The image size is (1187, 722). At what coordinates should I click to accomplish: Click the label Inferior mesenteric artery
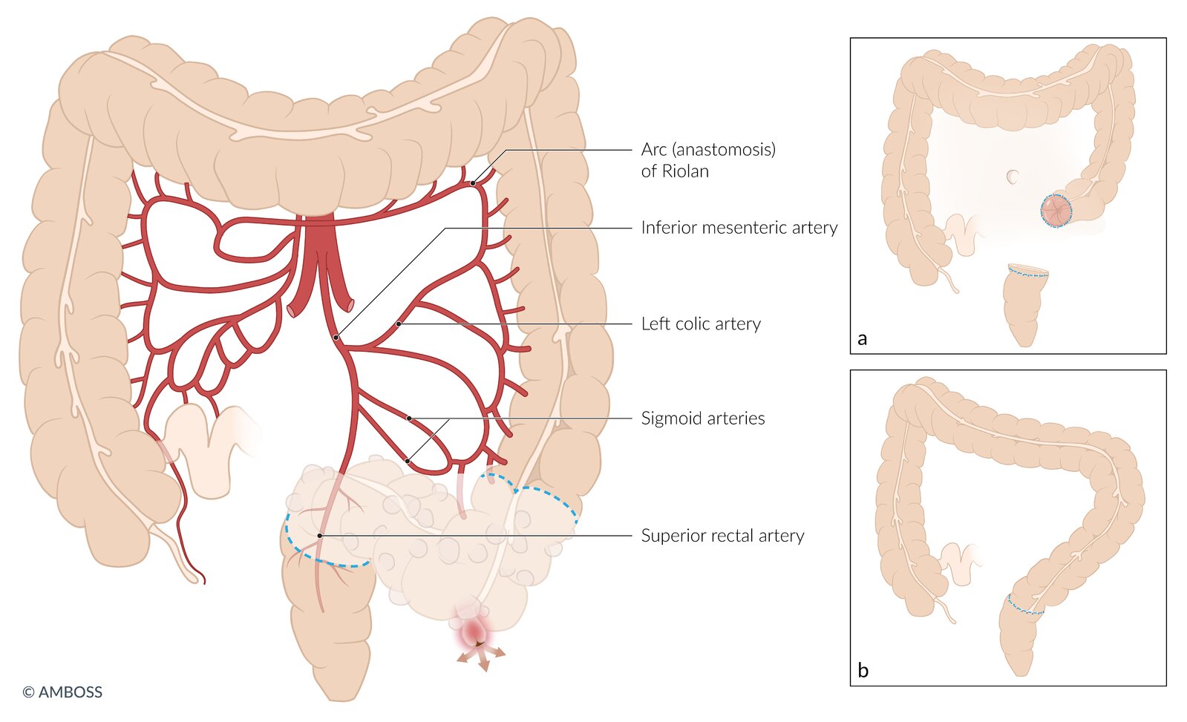point(739,228)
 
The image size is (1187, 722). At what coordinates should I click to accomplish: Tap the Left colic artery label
point(701,324)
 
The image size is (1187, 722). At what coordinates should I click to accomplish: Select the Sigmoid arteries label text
point(702,419)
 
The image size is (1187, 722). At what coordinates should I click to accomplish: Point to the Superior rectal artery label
point(722,536)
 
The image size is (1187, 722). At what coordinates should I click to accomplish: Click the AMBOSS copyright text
point(62,692)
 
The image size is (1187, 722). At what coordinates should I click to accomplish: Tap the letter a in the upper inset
point(862,339)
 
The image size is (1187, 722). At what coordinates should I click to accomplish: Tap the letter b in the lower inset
point(863,671)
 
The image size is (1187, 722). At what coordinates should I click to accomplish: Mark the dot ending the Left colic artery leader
point(399,324)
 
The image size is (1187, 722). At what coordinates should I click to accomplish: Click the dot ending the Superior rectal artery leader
point(319,535)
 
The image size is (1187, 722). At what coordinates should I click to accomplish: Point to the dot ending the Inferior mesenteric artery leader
point(336,338)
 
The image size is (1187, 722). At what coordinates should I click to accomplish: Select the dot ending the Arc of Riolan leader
point(473,183)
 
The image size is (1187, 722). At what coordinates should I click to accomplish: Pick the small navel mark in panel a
point(1013,177)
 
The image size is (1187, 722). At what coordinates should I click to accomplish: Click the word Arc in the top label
point(653,150)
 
